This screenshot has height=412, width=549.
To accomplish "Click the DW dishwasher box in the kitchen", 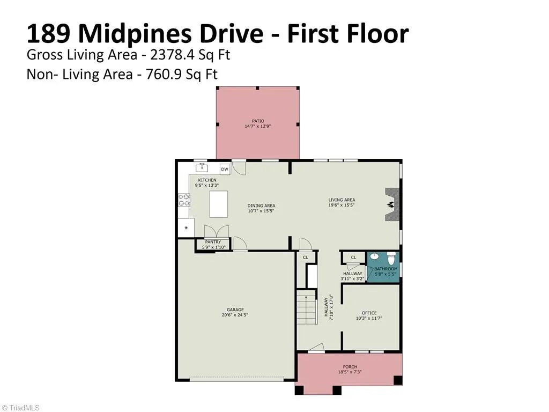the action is (x=225, y=169).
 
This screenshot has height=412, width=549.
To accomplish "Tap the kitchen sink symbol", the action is (x=202, y=168).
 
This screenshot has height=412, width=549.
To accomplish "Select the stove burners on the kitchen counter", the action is (x=184, y=200).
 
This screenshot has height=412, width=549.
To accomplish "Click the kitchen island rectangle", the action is (x=219, y=204).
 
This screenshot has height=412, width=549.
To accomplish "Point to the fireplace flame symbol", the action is (x=390, y=204).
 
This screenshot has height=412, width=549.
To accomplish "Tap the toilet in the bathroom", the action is (x=391, y=258).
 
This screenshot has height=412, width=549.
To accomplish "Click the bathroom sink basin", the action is (x=374, y=256).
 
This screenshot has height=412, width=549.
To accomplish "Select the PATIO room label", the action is (x=258, y=121).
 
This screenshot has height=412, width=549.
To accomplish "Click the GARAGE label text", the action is (x=235, y=310).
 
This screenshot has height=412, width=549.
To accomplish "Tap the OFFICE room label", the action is (x=369, y=313).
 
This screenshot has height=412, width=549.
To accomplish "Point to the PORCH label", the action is (x=350, y=367).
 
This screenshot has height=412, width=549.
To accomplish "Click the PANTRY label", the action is (x=213, y=242).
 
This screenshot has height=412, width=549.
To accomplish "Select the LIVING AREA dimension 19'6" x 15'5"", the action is (x=342, y=205).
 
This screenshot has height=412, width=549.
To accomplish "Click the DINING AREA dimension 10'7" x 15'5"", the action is (x=261, y=211).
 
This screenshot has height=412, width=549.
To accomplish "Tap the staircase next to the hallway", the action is (x=307, y=306).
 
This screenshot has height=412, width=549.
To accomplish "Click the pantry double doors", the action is (x=217, y=232).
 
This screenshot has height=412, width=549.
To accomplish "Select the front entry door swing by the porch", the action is (x=316, y=347).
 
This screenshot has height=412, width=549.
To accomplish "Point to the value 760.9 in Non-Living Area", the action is (x=164, y=74).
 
